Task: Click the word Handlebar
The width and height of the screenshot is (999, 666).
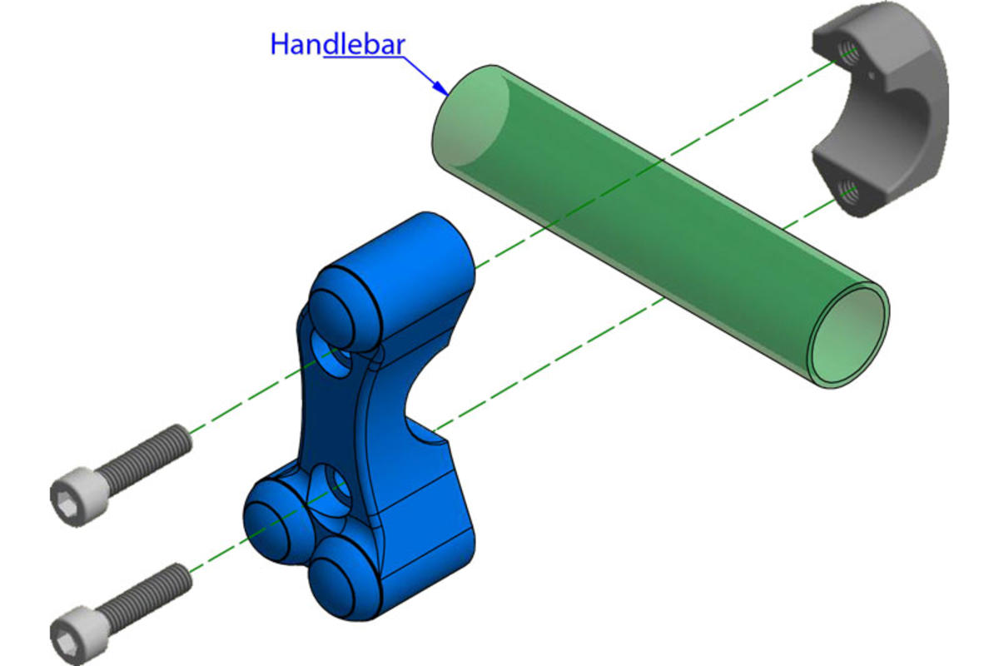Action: click(x=338, y=45)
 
